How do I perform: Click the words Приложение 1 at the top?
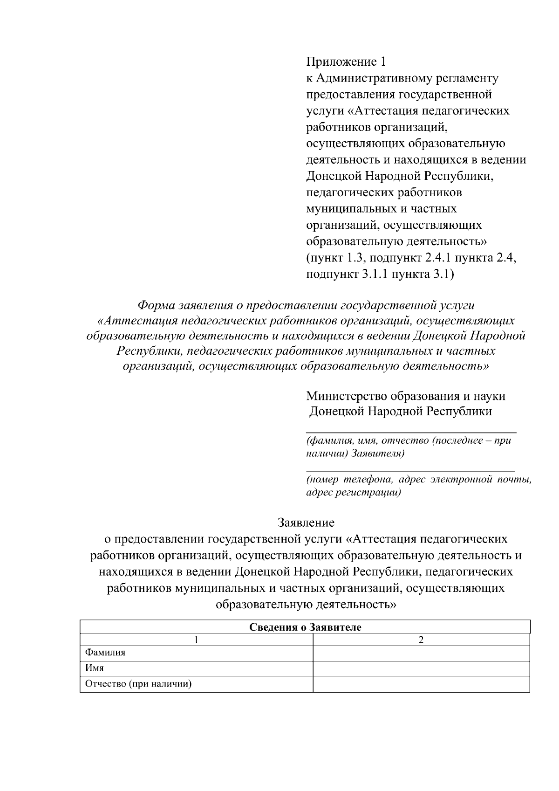[346, 62]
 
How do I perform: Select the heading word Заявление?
[306, 522]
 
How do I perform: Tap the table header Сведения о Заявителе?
[305, 627]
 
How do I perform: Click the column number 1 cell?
[197, 640]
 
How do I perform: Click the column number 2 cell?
[421, 640]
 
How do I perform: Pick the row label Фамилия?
[105, 653]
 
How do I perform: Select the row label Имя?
[94, 668]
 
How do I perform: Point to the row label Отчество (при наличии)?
[138, 684]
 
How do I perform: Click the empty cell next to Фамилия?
[421, 653]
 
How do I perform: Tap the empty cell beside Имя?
[421, 668]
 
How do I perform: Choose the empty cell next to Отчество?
[421, 684]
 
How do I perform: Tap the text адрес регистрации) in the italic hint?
[353, 492]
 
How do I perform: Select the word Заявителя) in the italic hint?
[378, 453]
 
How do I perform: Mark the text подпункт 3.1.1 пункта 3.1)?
[380, 274]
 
